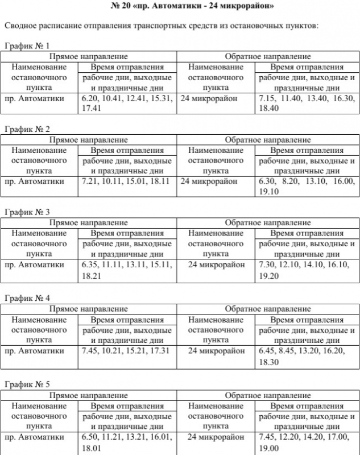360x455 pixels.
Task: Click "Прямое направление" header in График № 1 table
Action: coord(89,56)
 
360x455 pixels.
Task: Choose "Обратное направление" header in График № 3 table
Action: coord(267,222)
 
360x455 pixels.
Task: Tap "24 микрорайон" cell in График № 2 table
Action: coord(208,181)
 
